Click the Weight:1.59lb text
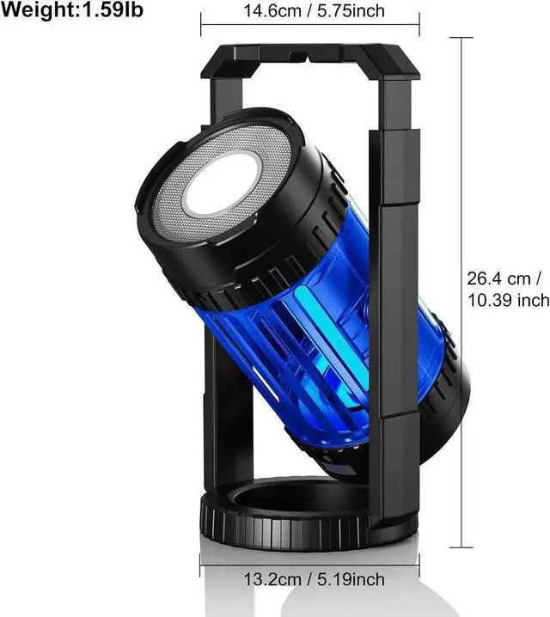tap(72, 9)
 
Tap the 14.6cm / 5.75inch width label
tap(314, 10)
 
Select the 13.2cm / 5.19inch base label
tap(314, 579)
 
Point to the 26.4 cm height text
tap(504, 278)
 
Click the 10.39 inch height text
tap(508, 300)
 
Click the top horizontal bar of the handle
tap(310, 61)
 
